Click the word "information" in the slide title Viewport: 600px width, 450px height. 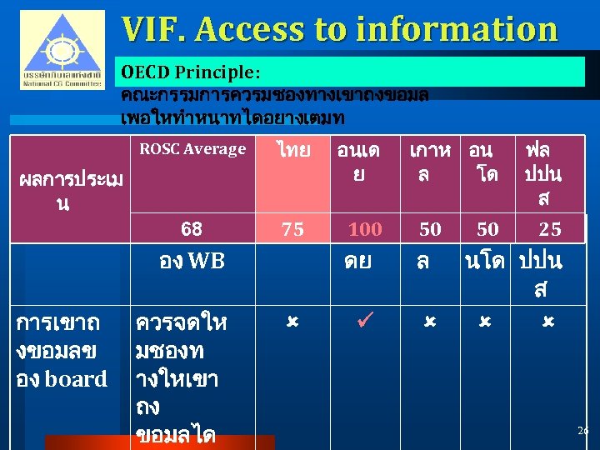coord(457,29)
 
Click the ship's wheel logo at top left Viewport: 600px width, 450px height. coord(62,44)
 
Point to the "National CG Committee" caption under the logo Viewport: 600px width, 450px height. coord(62,82)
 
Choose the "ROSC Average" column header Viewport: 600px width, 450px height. coord(192,149)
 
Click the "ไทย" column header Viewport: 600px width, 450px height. coord(293,151)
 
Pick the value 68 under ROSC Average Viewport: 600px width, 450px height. coord(192,228)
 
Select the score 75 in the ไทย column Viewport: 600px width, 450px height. coord(292,229)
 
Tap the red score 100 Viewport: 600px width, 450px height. coord(365,229)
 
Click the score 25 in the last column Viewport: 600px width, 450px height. coord(550,229)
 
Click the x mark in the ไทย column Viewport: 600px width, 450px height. coord(292,320)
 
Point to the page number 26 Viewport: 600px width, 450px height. coord(582,430)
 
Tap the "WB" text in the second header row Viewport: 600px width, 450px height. coord(206,261)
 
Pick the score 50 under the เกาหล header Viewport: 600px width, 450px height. coord(430,229)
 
